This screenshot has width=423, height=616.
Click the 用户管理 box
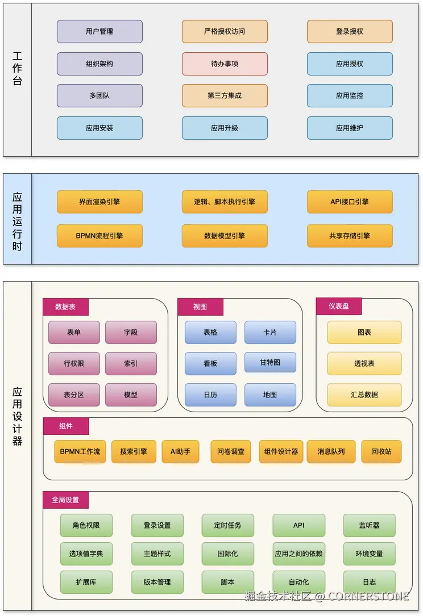[x=99, y=32]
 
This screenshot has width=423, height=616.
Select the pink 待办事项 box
[x=225, y=64]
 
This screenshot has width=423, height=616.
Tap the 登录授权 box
[x=350, y=32]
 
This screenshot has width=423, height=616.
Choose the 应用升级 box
[x=225, y=128]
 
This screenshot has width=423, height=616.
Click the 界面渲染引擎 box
[x=99, y=202]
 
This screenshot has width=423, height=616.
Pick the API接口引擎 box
[x=350, y=202]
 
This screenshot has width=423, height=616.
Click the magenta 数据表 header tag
[x=65, y=307]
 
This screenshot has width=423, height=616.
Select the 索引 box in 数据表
[x=131, y=364]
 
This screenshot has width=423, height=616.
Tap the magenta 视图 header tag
[x=200, y=307]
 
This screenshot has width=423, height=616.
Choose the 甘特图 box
[x=270, y=363]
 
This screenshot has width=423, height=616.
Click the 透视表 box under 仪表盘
[x=364, y=364]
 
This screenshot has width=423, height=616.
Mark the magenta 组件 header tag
[x=66, y=426]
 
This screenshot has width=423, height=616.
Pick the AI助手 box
[x=181, y=452]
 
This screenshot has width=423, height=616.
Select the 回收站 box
[x=381, y=452]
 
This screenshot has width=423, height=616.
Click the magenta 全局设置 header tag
[x=65, y=500]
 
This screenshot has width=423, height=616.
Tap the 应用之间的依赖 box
[x=299, y=554]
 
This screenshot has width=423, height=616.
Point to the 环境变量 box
[x=370, y=554]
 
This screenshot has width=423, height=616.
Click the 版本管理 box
[x=157, y=583]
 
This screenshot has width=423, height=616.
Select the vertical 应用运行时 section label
[x=18, y=219]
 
